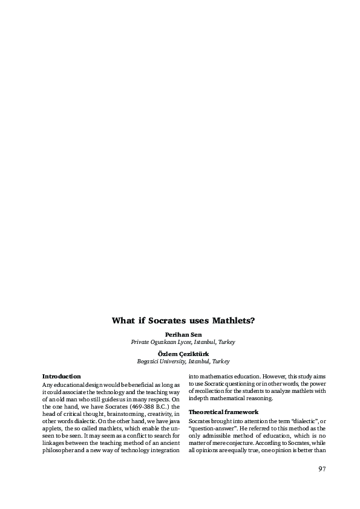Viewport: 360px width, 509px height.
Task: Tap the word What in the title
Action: tap(123, 320)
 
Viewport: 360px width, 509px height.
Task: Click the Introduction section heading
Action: tap(61, 377)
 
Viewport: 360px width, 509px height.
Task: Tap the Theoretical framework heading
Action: tap(223, 412)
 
